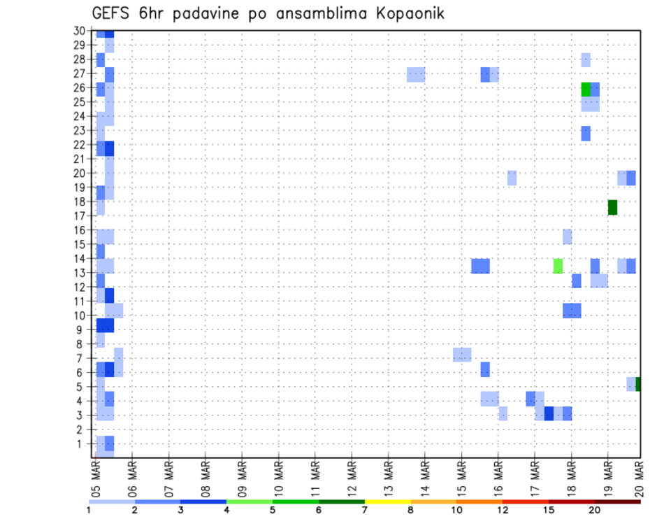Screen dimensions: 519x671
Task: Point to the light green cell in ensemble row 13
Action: [558, 266]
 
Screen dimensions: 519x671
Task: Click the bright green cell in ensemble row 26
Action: [586, 90]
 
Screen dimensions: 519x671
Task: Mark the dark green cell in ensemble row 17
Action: [612, 207]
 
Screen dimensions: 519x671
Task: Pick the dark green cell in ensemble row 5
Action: [638, 384]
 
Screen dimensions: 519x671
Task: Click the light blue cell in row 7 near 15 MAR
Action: [462, 355]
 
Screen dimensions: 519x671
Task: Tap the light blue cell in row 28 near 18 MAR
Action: [586, 60]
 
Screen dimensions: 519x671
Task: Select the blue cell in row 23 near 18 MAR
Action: [586, 133]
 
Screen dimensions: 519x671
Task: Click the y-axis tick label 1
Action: [82, 443]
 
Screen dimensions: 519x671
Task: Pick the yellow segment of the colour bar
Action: [387, 502]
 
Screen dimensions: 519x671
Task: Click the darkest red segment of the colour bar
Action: [618, 502]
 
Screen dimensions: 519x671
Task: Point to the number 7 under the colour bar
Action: [365, 511]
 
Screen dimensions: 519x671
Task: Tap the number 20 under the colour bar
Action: [595, 511]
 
